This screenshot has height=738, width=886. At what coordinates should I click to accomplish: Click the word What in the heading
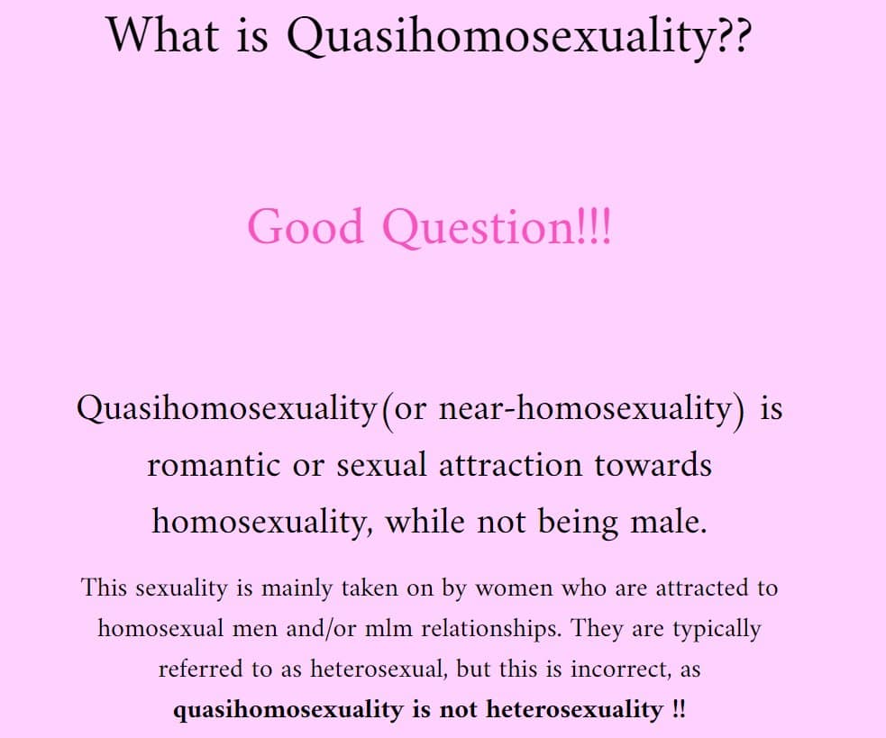click(x=163, y=35)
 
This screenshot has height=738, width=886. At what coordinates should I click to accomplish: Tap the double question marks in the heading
click(x=734, y=36)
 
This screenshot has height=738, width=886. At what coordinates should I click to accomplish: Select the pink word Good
click(x=306, y=226)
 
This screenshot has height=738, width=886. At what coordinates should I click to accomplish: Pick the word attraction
click(x=510, y=465)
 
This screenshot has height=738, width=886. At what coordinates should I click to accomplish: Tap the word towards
click(x=653, y=465)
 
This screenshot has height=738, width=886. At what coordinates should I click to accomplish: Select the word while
click(x=425, y=521)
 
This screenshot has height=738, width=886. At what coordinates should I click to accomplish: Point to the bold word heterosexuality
click(x=575, y=709)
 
